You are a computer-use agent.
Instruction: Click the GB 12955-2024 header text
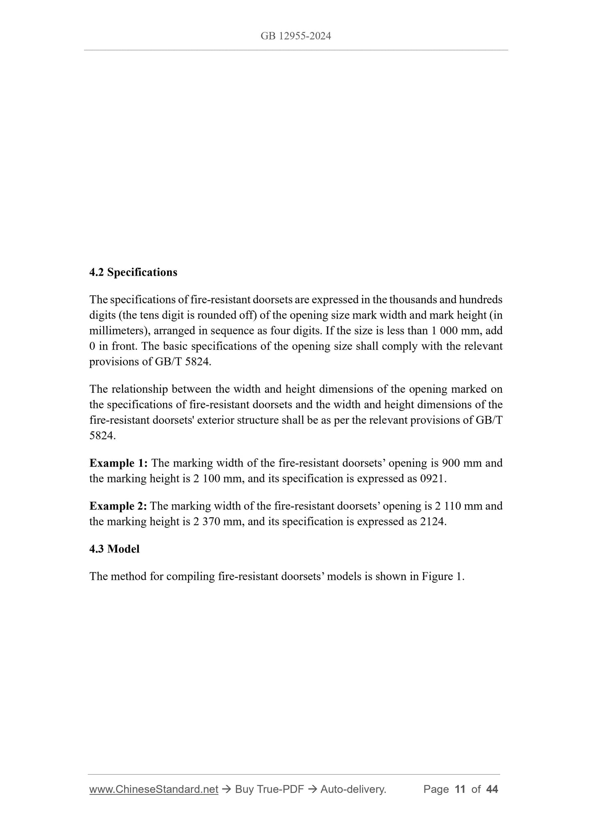click(x=295, y=36)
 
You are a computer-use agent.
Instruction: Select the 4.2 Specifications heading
click(x=133, y=272)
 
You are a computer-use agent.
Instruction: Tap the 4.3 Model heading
click(x=114, y=549)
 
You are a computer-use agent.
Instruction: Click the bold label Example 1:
click(x=118, y=463)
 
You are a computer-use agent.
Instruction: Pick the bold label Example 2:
click(x=118, y=506)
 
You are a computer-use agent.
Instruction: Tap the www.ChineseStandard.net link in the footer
click(x=154, y=789)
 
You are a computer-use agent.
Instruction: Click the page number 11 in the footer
click(x=460, y=789)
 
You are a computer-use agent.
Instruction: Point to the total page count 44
click(x=492, y=789)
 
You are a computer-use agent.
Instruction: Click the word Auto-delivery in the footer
click(x=353, y=789)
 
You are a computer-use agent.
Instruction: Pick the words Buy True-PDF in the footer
click(x=269, y=789)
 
